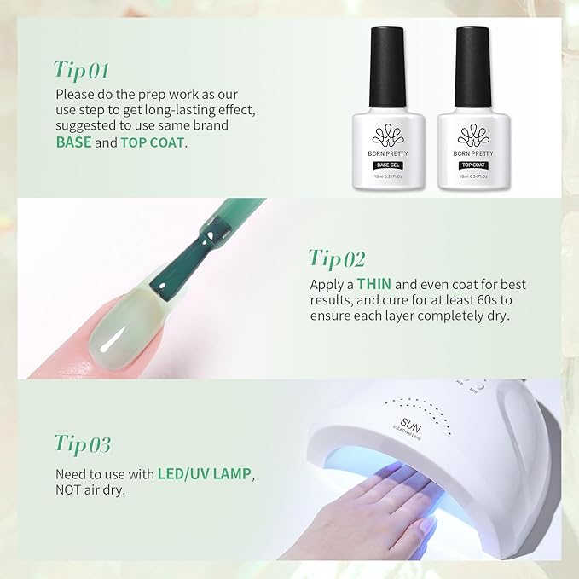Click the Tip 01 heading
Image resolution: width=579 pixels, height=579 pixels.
pyautogui.click(x=82, y=68)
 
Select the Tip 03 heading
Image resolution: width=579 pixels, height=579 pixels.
pyautogui.click(x=83, y=443)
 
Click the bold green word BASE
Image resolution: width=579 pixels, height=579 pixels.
pyautogui.click(x=72, y=142)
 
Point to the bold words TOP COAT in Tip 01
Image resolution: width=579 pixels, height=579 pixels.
pyautogui.click(x=152, y=142)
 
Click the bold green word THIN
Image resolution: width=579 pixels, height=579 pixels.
pyautogui.click(x=373, y=284)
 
